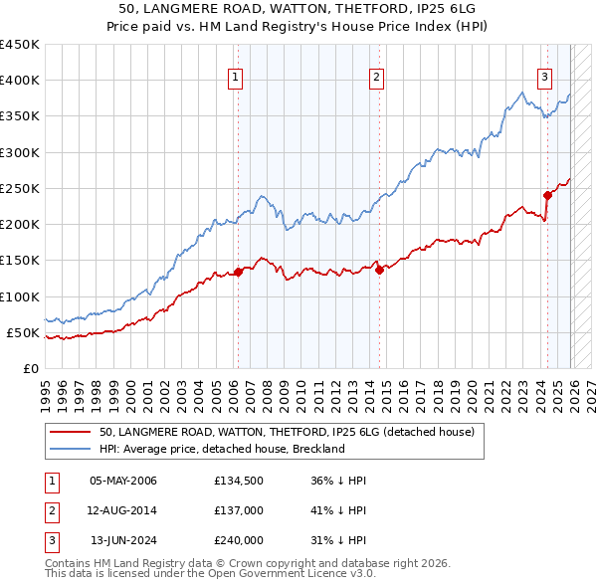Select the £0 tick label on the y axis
(x=31, y=368)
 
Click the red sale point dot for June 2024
(x=547, y=195)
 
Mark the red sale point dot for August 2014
(x=380, y=270)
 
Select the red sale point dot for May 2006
(x=239, y=272)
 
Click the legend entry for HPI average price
(x=221, y=449)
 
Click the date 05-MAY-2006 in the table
(x=123, y=482)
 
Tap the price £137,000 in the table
(x=239, y=510)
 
